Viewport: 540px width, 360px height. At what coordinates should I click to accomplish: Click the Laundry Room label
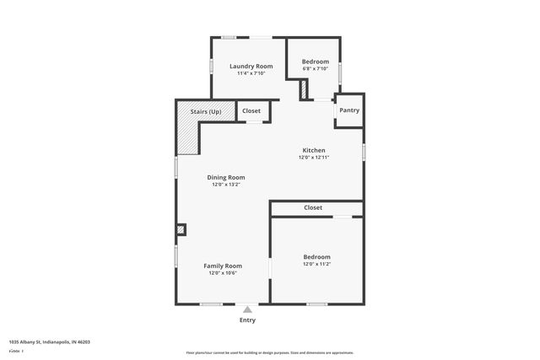[x=251, y=66]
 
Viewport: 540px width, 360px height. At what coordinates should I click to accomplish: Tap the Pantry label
[x=349, y=110]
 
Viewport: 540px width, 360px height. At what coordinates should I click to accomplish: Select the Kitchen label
[x=314, y=150]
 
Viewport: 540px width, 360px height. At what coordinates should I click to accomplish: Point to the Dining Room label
[x=226, y=177]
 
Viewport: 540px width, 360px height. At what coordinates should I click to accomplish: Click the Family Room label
[x=223, y=266]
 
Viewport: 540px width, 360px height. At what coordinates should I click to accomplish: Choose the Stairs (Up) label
[x=206, y=111]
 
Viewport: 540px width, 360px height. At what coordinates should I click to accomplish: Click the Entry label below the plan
[x=247, y=320]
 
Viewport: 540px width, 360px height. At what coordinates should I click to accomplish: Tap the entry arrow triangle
[x=247, y=309]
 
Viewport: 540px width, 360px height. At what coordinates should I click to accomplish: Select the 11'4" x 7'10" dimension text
[x=251, y=73]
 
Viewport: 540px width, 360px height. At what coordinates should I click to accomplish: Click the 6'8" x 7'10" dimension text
[x=315, y=69]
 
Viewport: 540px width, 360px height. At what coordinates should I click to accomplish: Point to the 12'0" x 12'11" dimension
[x=314, y=158]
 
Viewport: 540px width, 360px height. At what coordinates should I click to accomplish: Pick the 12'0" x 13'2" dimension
[x=226, y=185]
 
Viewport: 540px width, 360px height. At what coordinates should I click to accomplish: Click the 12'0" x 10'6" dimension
[x=223, y=273]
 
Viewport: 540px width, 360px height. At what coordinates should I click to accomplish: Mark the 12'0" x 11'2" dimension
[x=316, y=264]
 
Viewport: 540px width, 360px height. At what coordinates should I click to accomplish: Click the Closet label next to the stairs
[x=251, y=110]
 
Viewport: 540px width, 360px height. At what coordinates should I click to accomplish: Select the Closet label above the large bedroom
[x=313, y=207]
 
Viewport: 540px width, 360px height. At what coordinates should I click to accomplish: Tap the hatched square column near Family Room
[x=181, y=228]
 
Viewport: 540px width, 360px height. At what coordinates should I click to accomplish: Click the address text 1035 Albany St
[x=49, y=342]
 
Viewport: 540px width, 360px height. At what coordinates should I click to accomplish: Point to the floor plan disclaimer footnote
[x=270, y=352]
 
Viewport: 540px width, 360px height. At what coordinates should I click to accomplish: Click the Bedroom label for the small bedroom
[x=316, y=62]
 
